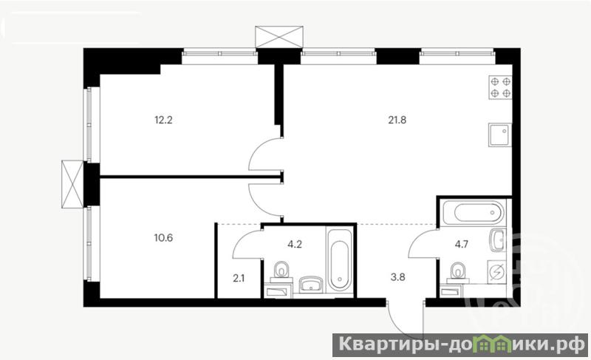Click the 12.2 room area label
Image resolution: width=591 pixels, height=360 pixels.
[x=163, y=120]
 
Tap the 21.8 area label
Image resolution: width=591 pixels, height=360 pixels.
[x=397, y=120]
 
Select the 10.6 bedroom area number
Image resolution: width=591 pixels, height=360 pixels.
[x=163, y=238]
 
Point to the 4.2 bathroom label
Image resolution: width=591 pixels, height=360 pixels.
[x=295, y=244]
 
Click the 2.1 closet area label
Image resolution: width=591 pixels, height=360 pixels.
[x=239, y=279]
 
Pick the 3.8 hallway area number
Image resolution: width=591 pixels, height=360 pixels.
[x=398, y=277]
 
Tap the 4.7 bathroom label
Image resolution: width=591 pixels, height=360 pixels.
[x=461, y=244]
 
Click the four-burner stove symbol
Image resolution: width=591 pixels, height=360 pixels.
[x=501, y=87]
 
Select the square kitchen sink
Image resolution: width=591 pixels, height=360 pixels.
[x=500, y=135]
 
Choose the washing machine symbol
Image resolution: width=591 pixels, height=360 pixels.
[x=498, y=271]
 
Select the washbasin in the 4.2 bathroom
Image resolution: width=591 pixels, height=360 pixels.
[x=311, y=285]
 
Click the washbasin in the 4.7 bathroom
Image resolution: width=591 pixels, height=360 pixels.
[x=499, y=240]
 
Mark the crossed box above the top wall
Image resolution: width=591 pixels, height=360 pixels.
[x=279, y=37]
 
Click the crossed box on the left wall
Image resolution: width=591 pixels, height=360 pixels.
[x=72, y=184]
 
